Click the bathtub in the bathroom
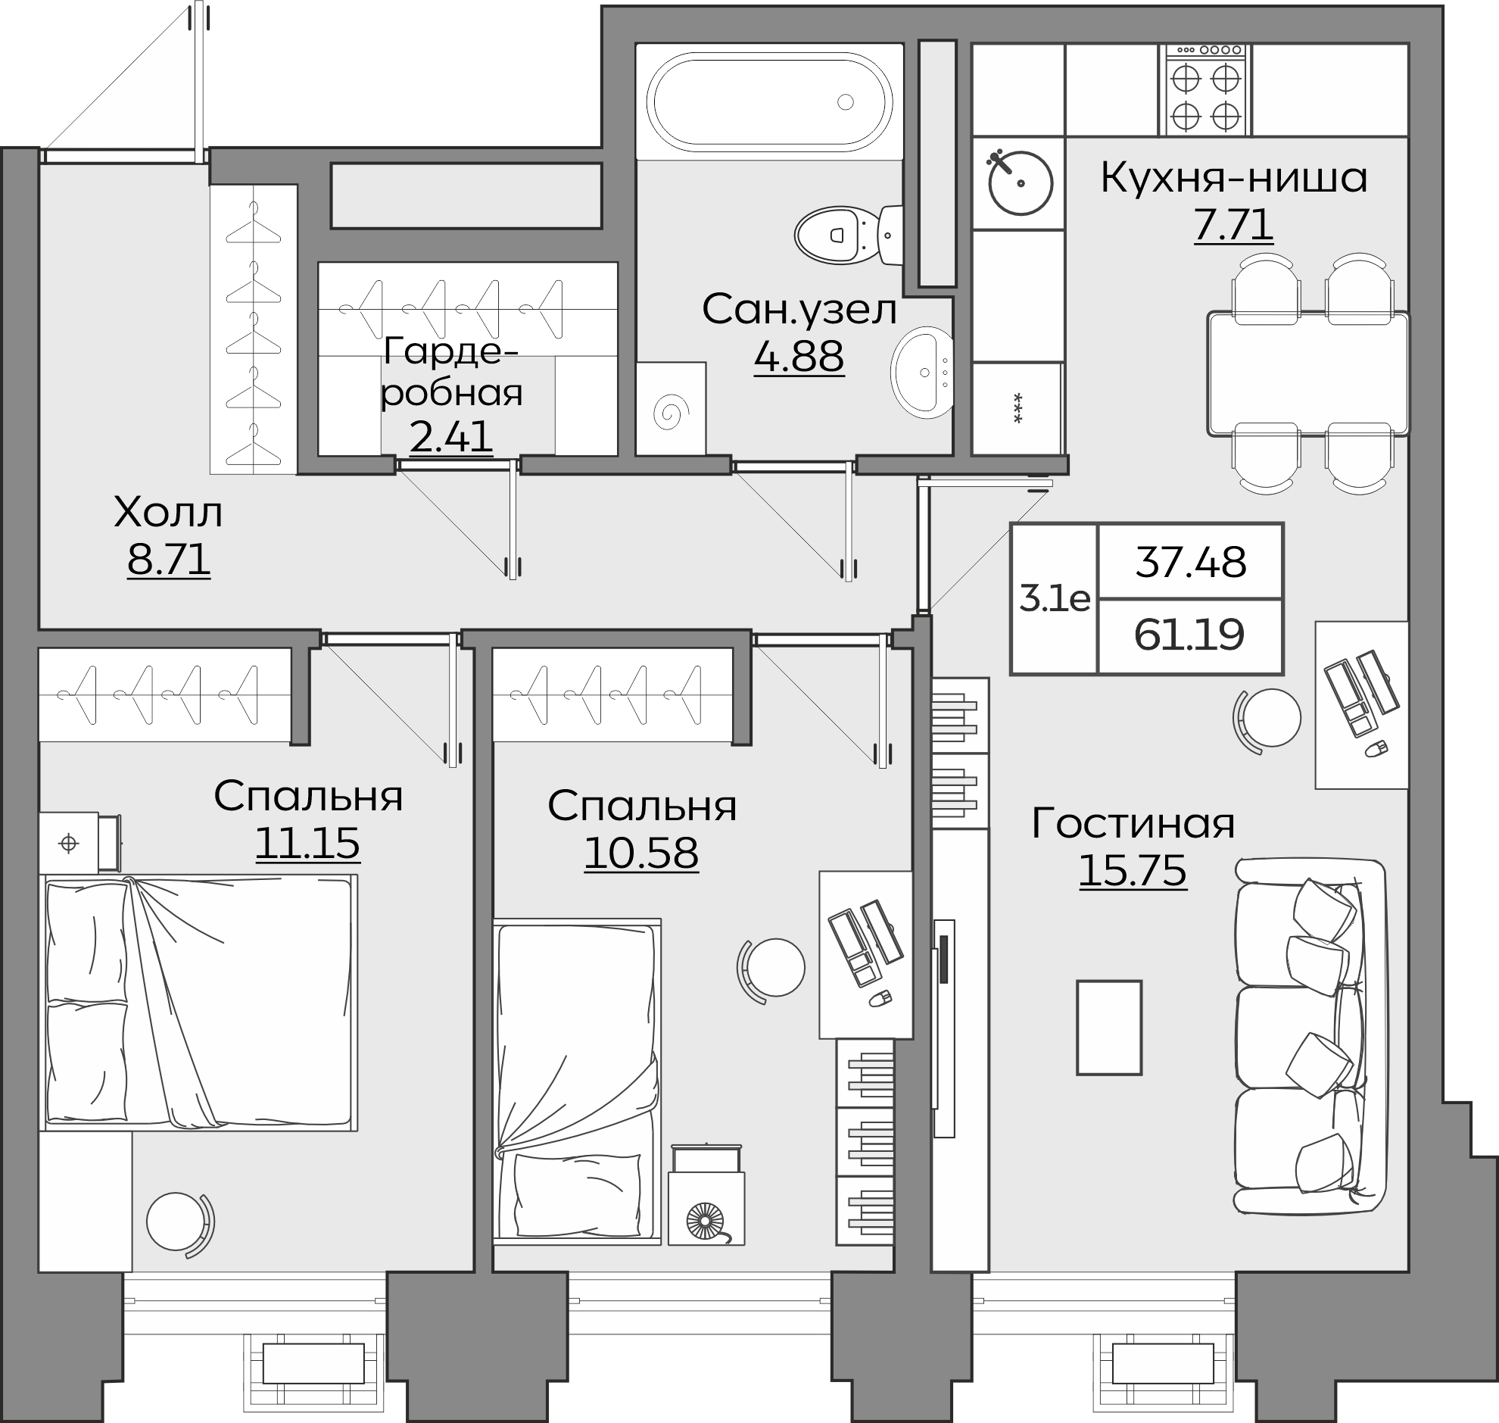click(770, 101)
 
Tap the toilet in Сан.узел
click(849, 235)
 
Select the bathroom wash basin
click(922, 373)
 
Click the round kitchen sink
click(1020, 183)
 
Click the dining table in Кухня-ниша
click(1308, 374)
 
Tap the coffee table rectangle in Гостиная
click(1109, 1028)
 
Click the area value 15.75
click(1132, 871)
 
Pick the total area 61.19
click(1189, 635)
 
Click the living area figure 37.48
click(1190, 563)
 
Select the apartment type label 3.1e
click(1055, 599)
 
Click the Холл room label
click(168, 513)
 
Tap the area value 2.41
click(451, 436)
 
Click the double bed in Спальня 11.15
click(199, 1003)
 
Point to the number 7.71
click(1233, 224)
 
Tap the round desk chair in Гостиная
click(1268, 718)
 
